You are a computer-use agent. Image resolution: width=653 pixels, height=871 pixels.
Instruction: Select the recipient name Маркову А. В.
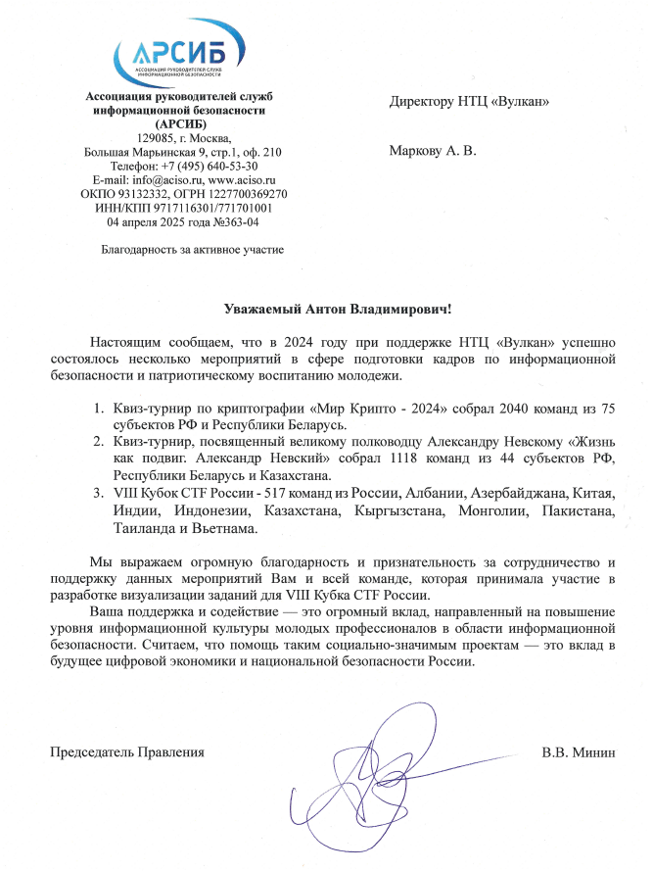[x=432, y=152]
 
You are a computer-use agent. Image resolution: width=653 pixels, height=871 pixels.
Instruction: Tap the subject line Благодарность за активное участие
[x=193, y=250]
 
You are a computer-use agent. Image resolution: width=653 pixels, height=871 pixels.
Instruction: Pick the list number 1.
[x=97, y=407]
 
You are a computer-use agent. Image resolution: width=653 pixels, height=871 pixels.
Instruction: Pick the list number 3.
[x=97, y=492]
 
